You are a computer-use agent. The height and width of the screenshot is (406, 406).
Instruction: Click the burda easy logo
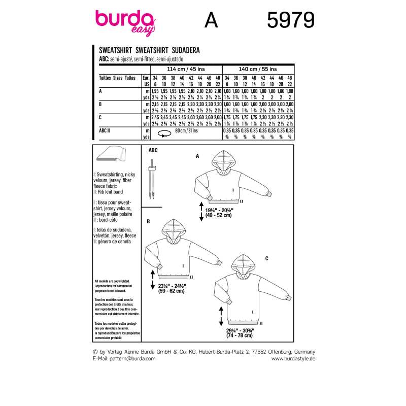tap(124, 22)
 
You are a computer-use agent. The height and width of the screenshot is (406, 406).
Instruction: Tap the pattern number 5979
tap(290, 21)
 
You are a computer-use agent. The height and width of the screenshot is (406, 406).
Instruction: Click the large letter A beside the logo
tap(210, 21)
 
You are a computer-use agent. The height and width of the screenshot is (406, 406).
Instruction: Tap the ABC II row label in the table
tap(107, 131)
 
